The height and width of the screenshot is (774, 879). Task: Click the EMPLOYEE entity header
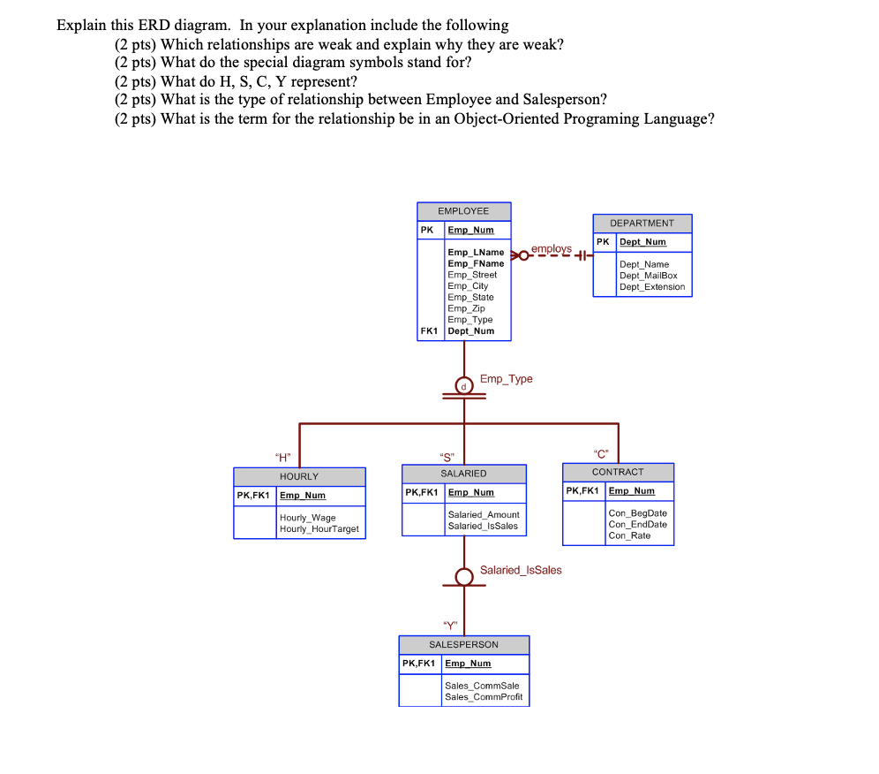coord(463,211)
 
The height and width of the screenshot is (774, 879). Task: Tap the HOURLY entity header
coord(299,476)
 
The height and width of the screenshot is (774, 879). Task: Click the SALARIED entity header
coord(463,474)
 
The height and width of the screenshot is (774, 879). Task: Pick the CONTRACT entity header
coord(618,472)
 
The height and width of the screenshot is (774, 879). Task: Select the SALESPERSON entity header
coord(463,645)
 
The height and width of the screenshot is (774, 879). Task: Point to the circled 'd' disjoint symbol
coord(463,385)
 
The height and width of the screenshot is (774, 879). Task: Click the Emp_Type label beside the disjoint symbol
coord(507,379)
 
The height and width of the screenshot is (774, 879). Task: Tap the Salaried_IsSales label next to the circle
coord(521,570)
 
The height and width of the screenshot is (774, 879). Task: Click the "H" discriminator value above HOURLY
coord(282,457)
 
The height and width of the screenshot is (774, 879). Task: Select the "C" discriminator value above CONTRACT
coord(602,455)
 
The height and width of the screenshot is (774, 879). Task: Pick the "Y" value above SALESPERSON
coord(450,627)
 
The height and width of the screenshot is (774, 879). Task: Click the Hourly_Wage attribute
coord(307,518)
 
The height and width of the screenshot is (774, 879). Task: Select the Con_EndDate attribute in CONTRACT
coord(637,524)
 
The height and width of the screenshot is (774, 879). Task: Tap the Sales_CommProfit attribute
coord(484,697)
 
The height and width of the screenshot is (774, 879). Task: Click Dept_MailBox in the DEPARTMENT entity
coord(648,276)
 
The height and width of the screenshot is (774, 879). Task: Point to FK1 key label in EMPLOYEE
coord(430,331)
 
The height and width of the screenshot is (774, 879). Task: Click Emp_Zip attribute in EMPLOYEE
coord(466,308)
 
